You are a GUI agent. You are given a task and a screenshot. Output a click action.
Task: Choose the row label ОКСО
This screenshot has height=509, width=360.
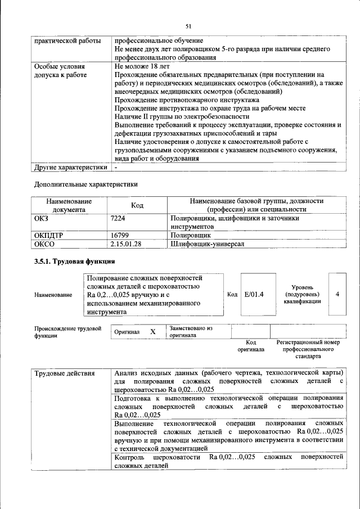tap(44, 244)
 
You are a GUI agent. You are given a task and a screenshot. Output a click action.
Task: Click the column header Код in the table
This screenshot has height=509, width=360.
tap(137, 205)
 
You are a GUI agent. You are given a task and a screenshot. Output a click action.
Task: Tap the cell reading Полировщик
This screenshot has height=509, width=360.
tap(191, 236)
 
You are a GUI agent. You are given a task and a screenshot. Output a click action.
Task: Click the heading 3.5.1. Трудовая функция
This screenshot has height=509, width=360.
tap(75, 262)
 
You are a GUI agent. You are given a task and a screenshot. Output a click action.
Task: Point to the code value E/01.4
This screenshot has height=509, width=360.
tap(254, 294)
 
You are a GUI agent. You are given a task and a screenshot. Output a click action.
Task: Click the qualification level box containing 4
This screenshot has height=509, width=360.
tap(337, 294)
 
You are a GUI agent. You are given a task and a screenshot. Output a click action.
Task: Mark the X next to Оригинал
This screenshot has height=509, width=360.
tap(152, 332)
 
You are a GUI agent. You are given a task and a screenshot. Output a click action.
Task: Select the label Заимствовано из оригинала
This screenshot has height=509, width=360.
tap(191, 331)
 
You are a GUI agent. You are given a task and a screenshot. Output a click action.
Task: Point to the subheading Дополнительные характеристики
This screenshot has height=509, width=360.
tap(85, 184)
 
